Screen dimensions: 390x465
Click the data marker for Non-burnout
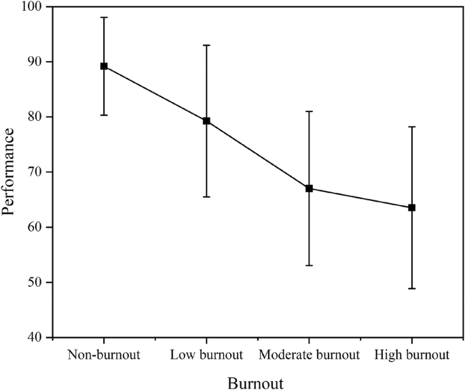click(104, 66)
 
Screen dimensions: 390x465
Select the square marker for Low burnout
click(206, 121)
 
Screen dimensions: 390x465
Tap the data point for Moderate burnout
click(309, 188)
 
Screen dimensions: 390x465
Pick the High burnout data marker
click(411, 207)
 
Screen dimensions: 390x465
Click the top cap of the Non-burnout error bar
click(104, 17)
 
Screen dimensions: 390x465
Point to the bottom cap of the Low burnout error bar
click(206, 196)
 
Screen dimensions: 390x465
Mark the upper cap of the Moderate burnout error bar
click(309, 111)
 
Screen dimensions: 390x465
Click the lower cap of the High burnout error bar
click(411, 289)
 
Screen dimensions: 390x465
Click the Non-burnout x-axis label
click(104, 355)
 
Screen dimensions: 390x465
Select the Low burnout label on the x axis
click(206, 355)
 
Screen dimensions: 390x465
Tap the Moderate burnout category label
click(309, 355)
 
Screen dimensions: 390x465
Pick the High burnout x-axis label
click(411, 355)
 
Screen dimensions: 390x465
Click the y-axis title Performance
click(9, 173)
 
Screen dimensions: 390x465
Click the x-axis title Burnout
click(255, 382)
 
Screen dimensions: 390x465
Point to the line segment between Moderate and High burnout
click(360, 198)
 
